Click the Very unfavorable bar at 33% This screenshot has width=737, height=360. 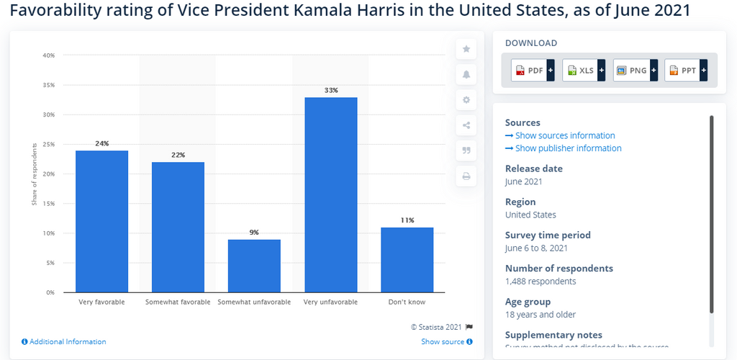[x=330, y=194]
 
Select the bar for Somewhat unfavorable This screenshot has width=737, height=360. [x=254, y=266]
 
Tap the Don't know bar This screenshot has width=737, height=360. [x=407, y=260]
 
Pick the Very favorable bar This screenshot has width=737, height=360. [x=101, y=221]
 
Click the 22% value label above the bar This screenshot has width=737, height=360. [x=178, y=155]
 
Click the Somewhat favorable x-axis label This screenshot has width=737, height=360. [x=178, y=302]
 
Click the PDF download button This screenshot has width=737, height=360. [x=533, y=71]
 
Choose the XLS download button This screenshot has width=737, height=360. [x=584, y=71]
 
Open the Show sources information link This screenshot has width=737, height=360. [x=564, y=135]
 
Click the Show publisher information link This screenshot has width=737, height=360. [x=568, y=148]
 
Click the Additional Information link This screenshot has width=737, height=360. [x=67, y=342]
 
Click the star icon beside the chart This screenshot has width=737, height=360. [x=466, y=49]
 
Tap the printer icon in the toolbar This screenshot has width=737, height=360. [x=466, y=176]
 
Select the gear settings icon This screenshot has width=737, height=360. [x=466, y=100]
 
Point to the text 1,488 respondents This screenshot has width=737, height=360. [x=541, y=282]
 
